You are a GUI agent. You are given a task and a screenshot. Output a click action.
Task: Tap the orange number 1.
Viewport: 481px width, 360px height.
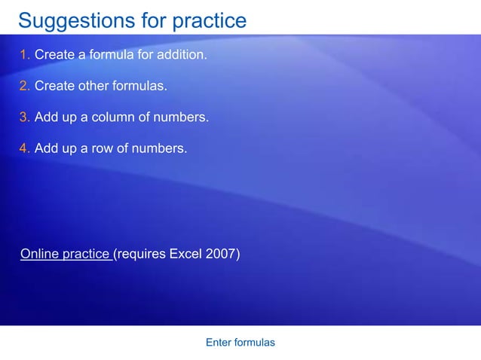pos(24,54)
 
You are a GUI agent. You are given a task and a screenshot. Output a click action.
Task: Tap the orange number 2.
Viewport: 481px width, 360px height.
pos(24,86)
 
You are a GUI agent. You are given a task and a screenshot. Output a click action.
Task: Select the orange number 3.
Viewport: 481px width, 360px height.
pos(24,117)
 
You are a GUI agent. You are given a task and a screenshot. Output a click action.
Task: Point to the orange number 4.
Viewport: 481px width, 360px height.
pos(24,148)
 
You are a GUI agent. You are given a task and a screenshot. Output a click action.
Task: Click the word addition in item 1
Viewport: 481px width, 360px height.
pos(182,54)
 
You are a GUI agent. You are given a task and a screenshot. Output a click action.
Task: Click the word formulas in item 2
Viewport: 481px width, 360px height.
pos(139,86)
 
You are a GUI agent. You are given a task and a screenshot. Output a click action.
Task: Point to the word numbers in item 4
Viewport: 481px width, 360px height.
pos(158,148)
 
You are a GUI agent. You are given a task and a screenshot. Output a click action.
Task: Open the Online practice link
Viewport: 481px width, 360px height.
pos(66,254)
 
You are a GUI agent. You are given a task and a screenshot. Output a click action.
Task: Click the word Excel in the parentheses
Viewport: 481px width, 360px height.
pos(185,254)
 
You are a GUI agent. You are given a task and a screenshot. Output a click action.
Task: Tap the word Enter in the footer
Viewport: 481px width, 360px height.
pos(218,343)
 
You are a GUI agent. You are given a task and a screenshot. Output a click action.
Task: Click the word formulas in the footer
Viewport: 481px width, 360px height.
pos(254,343)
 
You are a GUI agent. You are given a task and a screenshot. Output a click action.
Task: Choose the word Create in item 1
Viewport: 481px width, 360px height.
pos(53,54)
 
